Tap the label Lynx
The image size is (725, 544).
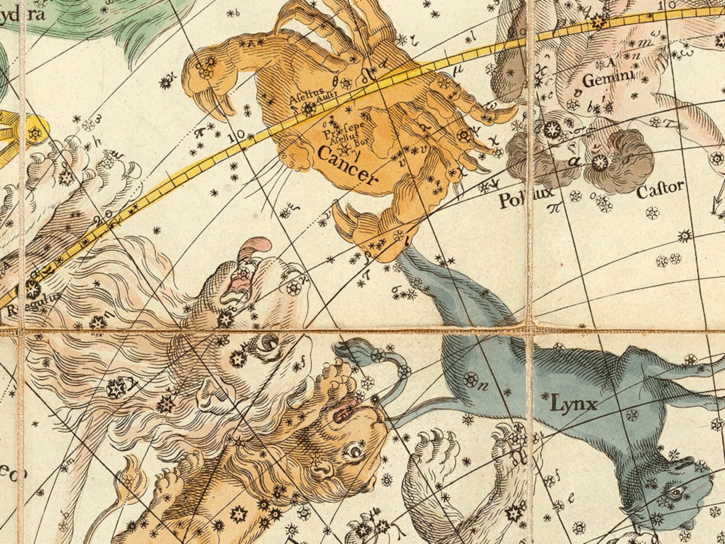point(573,403)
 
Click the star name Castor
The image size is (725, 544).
point(660,189)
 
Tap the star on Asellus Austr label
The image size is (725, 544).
point(309,108)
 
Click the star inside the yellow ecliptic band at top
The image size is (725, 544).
point(597,21)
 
